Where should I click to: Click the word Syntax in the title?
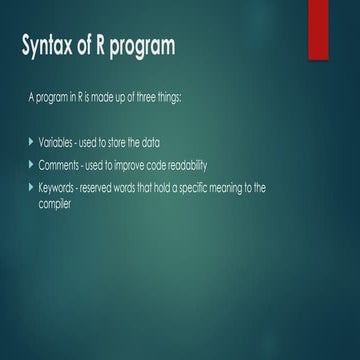53,46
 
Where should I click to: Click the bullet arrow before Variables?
31,144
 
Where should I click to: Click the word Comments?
62,166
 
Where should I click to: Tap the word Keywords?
60,188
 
